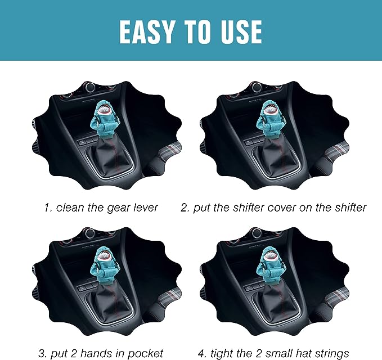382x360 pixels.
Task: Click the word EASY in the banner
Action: pyautogui.click(x=147, y=31)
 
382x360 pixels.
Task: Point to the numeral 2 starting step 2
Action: pyautogui.click(x=185, y=208)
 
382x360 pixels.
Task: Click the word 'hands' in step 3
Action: pyautogui.click(x=102, y=353)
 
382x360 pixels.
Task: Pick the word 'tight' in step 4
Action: pyautogui.click(x=219, y=353)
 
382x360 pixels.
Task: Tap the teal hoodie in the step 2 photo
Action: pyautogui.click(x=268, y=120)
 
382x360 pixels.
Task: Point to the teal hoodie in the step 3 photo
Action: pyautogui.click(x=104, y=265)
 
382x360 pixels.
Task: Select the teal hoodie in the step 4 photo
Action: pyautogui.click(x=268, y=265)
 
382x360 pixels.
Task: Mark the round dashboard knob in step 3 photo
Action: pyautogui.click(x=90, y=233)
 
